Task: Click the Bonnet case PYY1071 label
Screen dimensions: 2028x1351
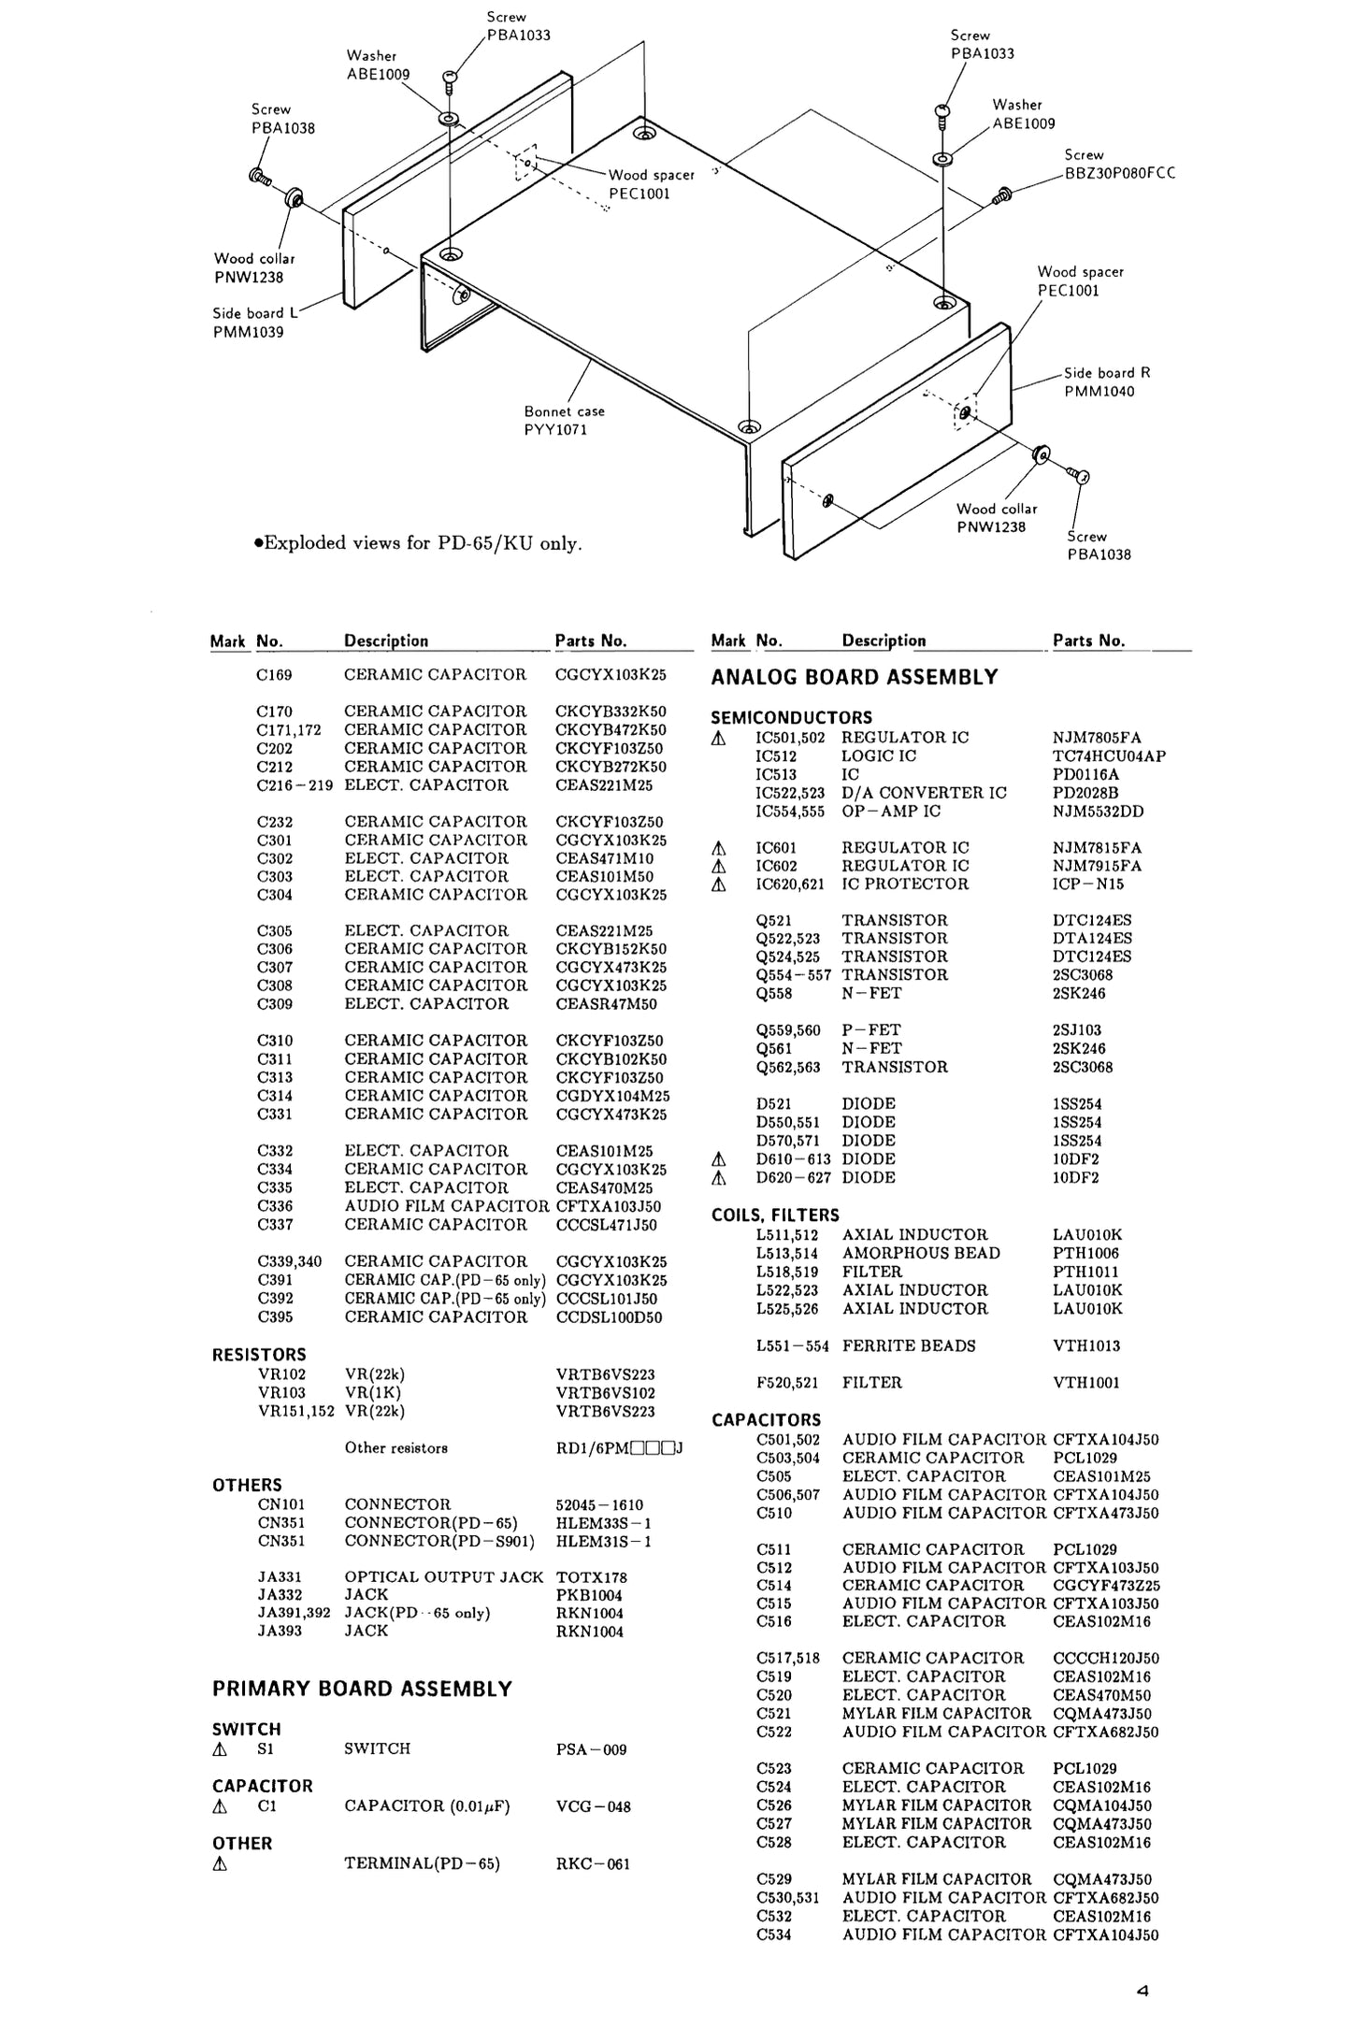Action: (564, 421)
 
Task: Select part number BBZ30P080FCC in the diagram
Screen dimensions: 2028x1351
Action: (1119, 173)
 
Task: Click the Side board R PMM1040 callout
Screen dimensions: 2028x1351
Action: (1106, 381)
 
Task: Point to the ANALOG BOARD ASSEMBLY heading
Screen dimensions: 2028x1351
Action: (854, 677)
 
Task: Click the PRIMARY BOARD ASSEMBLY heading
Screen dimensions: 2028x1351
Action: (362, 1689)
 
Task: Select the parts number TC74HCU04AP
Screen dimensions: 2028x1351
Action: (1109, 755)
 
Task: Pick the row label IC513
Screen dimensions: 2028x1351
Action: (776, 774)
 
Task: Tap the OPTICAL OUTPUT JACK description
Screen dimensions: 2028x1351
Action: (443, 1576)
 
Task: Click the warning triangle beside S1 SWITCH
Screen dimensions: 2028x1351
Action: (220, 1749)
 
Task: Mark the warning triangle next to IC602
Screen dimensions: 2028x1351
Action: (718, 867)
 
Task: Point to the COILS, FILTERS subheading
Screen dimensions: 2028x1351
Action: (775, 1215)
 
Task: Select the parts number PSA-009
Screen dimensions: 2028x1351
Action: (591, 1749)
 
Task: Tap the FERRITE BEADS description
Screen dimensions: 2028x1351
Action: (909, 1345)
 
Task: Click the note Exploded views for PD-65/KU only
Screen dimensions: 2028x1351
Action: (418, 543)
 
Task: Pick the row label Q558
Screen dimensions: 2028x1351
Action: (774, 993)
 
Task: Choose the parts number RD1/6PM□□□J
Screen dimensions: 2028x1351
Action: (619, 1448)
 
